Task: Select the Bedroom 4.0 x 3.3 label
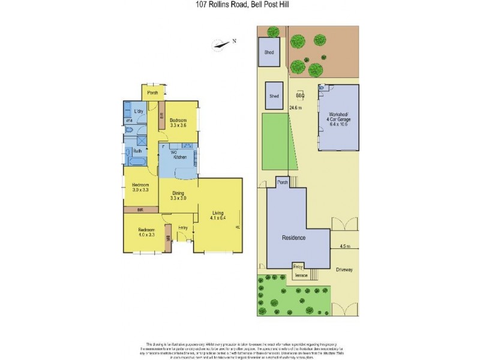147,232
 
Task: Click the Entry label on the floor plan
184,228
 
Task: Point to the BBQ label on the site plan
301,95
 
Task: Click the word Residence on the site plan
294,238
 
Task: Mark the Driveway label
344,269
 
